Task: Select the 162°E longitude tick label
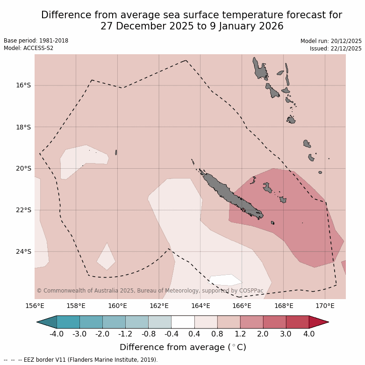(x=159, y=306)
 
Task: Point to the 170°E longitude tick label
(x=325, y=306)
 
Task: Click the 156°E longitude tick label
(x=35, y=306)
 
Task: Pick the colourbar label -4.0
(x=57, y=334)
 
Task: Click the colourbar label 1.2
(x=240, y=334)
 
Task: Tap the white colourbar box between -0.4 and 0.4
(x=183, y=322)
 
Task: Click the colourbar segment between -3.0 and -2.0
(x=91, y=322)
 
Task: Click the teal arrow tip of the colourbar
(x=46, y=322)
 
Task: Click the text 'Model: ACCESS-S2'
(x=29, y=48)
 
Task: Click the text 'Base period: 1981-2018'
(x=36, y=41)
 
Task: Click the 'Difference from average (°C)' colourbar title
(x=183, y=347)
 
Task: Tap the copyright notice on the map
(x=150, y=291)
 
